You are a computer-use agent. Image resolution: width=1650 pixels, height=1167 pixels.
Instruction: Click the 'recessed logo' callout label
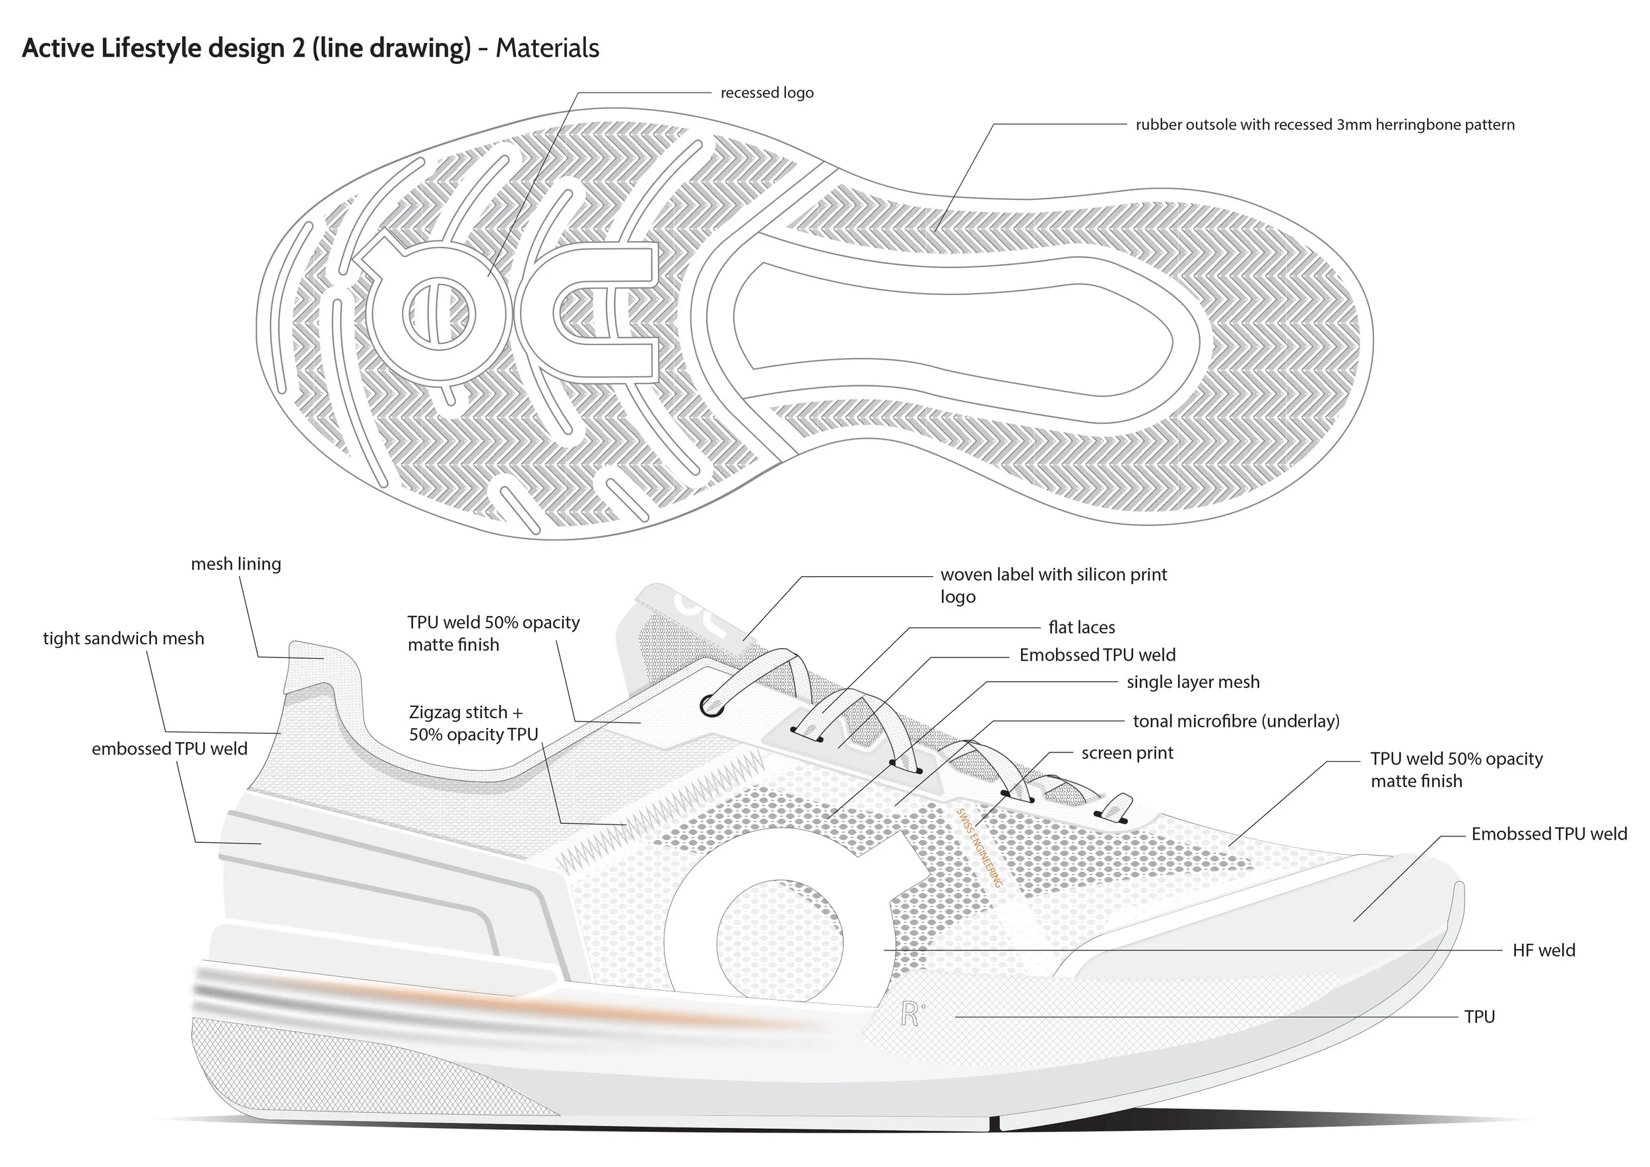[x=767, y=92]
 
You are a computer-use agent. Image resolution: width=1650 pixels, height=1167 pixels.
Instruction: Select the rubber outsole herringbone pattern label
[x=1325, y=125]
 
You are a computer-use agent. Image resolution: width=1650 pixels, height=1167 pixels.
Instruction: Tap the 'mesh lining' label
[x=236, y=564]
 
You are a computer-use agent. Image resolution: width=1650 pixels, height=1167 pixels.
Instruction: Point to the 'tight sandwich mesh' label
[x=123, y=638]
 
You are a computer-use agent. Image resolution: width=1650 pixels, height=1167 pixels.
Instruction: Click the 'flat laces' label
[x=1082, y=627]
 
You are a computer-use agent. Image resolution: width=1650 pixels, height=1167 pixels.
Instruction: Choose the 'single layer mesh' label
[x=1193, y=682]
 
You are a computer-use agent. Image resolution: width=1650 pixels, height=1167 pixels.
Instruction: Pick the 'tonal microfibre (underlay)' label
[x=1236, y=721]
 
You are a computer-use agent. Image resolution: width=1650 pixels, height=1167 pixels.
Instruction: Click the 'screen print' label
[x=1127, y=752]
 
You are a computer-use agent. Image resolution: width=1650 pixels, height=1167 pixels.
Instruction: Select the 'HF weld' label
[x=1544, y=950]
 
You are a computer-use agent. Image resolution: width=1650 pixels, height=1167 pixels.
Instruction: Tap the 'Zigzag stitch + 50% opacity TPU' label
[x=473, y=723]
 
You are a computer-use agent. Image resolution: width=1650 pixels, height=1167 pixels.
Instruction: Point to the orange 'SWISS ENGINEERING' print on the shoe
[x=979, y=848]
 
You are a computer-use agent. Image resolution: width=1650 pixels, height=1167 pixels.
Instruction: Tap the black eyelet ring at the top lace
[x=711, y=706]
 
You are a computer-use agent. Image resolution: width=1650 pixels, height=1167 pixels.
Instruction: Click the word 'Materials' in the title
[x=547, y=48]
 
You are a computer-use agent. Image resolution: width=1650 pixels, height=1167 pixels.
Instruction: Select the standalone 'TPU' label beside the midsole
[x=1479, y=1017]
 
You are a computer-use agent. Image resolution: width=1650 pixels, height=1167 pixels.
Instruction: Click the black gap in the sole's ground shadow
[x=994, y=1123]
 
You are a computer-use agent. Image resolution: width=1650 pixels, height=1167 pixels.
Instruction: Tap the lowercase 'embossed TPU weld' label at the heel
[x=169, y=749]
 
